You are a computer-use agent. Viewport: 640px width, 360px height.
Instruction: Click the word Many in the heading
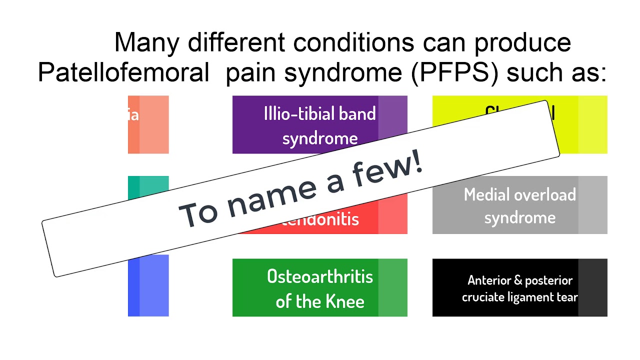tap(146, 42)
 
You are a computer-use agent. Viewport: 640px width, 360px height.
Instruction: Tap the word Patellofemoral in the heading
tap(123, 73)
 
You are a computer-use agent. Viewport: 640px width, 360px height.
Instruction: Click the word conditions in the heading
tap(353, 42)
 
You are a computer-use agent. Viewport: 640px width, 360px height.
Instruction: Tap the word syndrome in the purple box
tap(320, 138)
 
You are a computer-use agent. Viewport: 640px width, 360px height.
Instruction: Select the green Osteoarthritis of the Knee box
tap(320, 287)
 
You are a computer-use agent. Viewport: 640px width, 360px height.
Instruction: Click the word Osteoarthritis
tap(320, 276)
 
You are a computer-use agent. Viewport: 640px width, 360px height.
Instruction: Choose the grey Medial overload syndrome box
tap(520, 205)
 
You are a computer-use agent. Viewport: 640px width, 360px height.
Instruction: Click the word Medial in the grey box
tap(489, 194)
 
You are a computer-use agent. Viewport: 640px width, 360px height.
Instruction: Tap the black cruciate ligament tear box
tap(520, 287)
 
